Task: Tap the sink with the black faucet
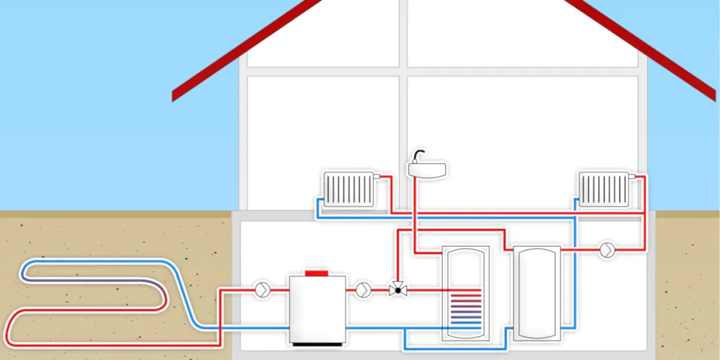[x=427, y=169]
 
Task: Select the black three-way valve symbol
[x=397, y=289]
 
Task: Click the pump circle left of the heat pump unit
[x=262, y=289]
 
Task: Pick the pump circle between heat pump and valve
[x=363, y=289]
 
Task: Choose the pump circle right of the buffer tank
[x=607, y=250]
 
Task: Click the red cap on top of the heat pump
[x=317, y=272]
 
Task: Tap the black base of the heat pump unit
[x=317, y=344]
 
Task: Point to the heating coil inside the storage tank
[x=465, y=307]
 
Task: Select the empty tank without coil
[x=536, y=292]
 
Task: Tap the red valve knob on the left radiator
[x=377, y=176]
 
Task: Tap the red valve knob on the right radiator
[x=632, y=176]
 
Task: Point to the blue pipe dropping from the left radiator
[x=317, y=207]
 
